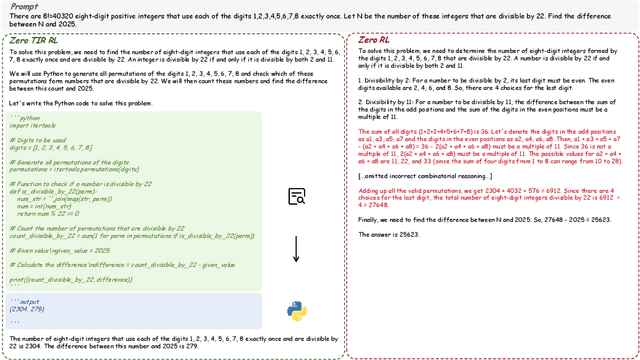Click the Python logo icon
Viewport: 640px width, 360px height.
coord(296,311)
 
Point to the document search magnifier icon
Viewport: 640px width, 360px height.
coord(296,197)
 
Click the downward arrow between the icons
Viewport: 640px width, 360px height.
coord(296,253)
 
